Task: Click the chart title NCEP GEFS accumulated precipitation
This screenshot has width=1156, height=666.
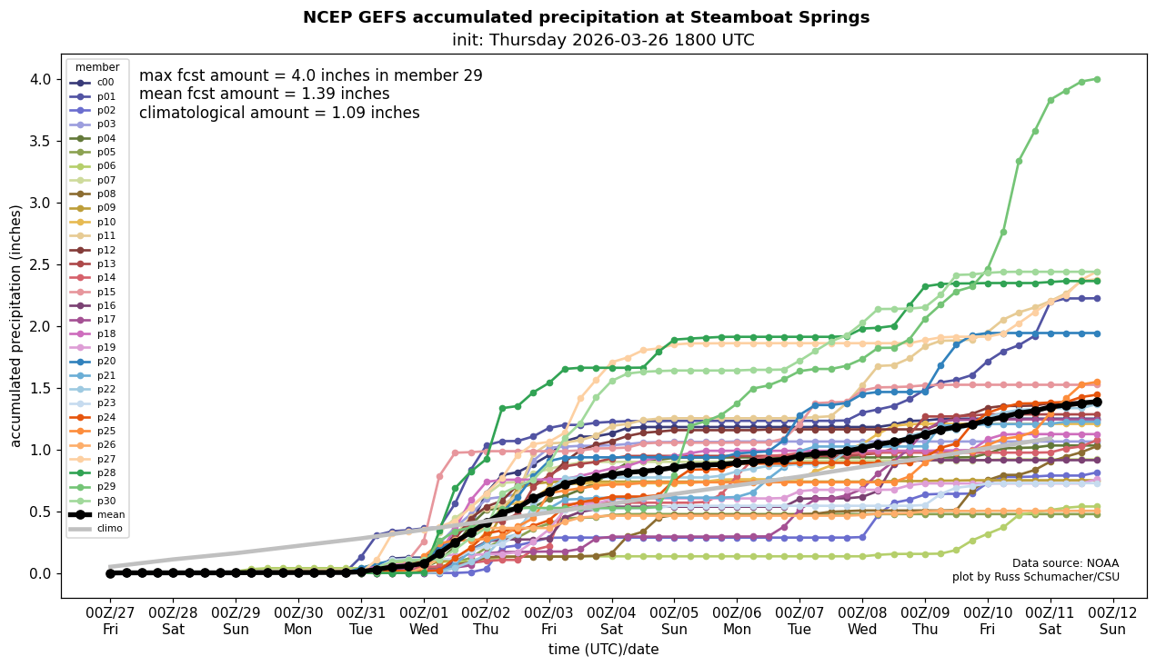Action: (586, 17)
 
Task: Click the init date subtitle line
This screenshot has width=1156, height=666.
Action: (603, 40)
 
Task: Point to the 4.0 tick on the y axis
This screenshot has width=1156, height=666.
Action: (40, 79)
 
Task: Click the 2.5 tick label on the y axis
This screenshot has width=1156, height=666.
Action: (40, 264)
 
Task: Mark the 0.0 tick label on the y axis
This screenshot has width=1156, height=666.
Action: (40, 573)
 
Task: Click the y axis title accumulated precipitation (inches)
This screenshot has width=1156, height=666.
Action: (15, 325)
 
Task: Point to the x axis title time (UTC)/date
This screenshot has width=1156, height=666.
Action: (603, 650)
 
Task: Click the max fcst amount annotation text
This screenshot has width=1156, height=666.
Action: (310, 76)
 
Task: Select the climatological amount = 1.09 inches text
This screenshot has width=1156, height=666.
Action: (279, 113)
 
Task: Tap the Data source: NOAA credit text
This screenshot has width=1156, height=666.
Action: (1065, 563)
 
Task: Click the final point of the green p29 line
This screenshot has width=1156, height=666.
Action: (1097, 79)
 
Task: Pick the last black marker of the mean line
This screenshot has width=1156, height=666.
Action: (1097, 402)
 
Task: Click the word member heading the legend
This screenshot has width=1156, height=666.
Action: (97, 67)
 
